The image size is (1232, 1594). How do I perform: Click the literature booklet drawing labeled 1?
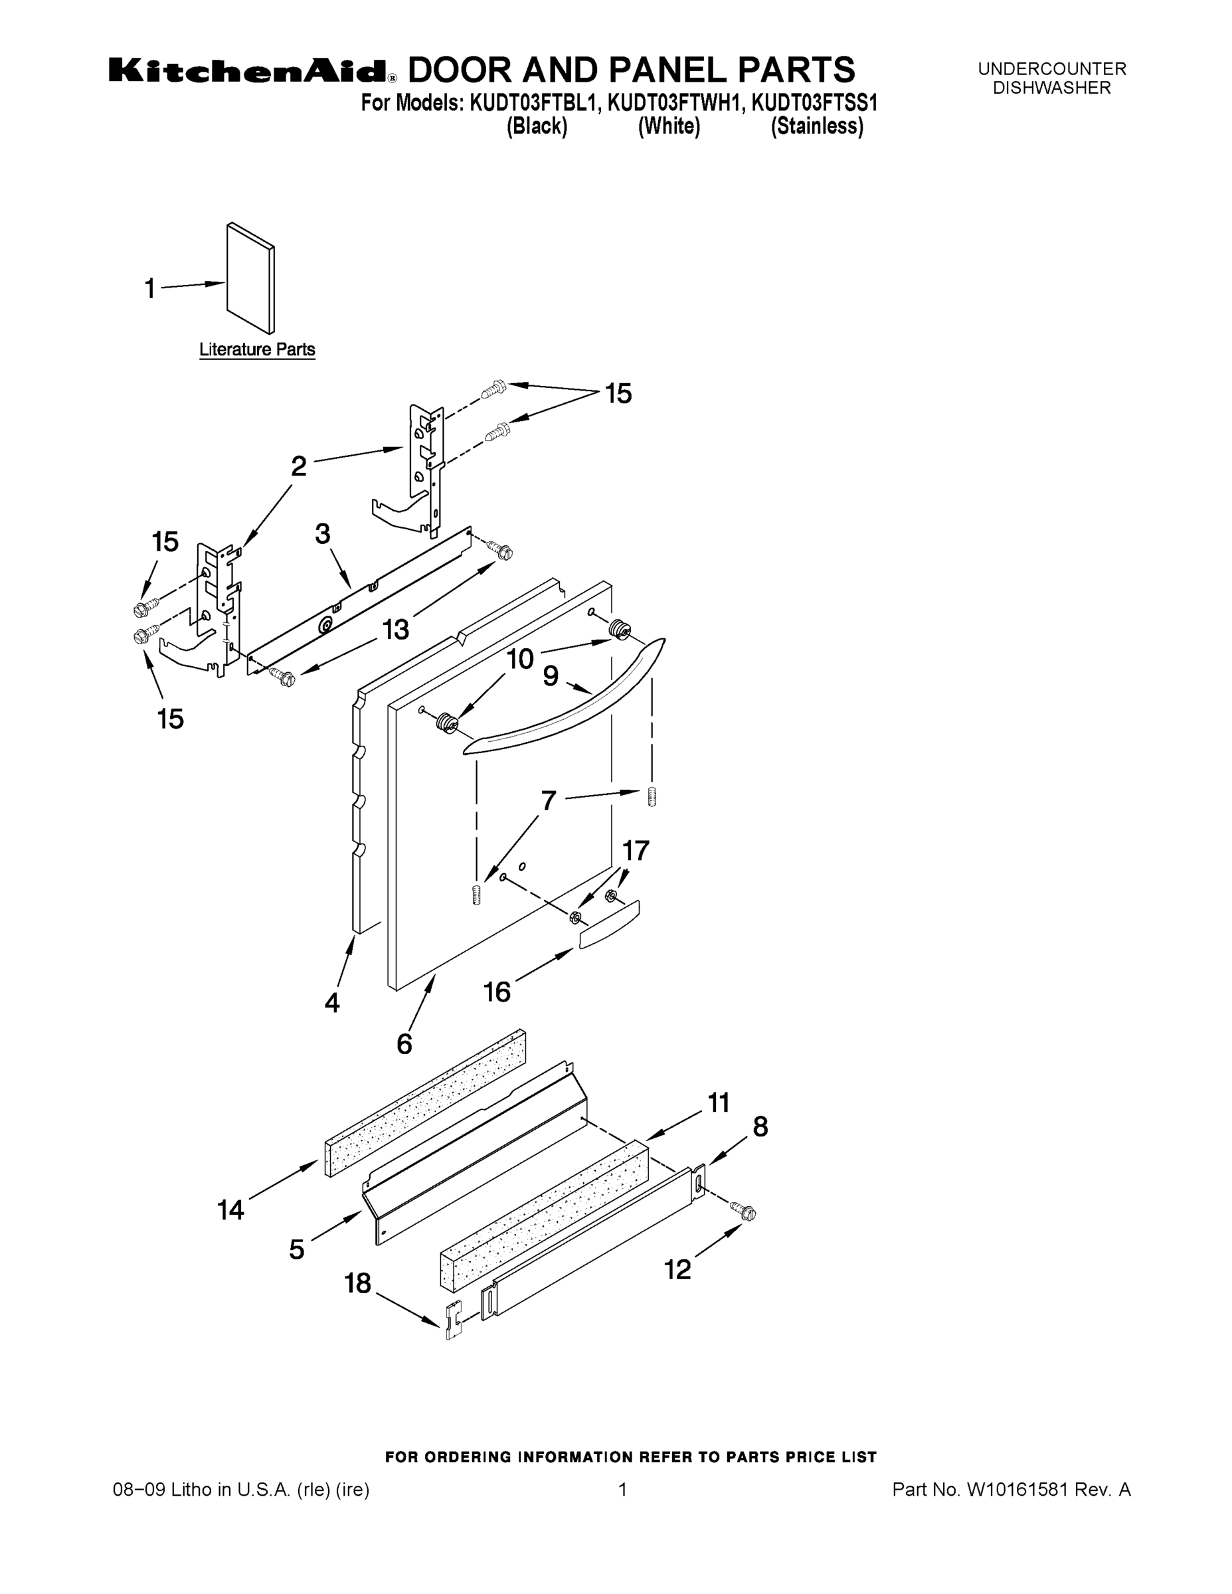tap(251, 279)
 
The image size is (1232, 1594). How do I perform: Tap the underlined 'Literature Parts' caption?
tap(257, 349)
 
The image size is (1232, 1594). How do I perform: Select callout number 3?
tap(323, 533)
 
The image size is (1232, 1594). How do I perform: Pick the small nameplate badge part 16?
tap(610, 924)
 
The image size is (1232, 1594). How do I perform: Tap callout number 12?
tap(677, 1269)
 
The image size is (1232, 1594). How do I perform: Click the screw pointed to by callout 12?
tap(746, 1212)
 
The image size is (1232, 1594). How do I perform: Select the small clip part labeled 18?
tap(453, 1320)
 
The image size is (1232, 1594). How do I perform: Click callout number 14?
tap(230, 1210)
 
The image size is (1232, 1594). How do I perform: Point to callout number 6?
tap(404, 1043)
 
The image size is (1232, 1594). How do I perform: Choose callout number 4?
tap(332, 1003)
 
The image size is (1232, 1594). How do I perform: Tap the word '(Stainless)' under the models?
tap(817, 127)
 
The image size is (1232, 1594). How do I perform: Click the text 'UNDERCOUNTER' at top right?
tap(1052, 69)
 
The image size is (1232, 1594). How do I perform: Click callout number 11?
tap(718, 1102)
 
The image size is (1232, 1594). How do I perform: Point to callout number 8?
tap(760, 1127)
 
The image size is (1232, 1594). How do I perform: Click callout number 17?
tap(636, 850)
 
